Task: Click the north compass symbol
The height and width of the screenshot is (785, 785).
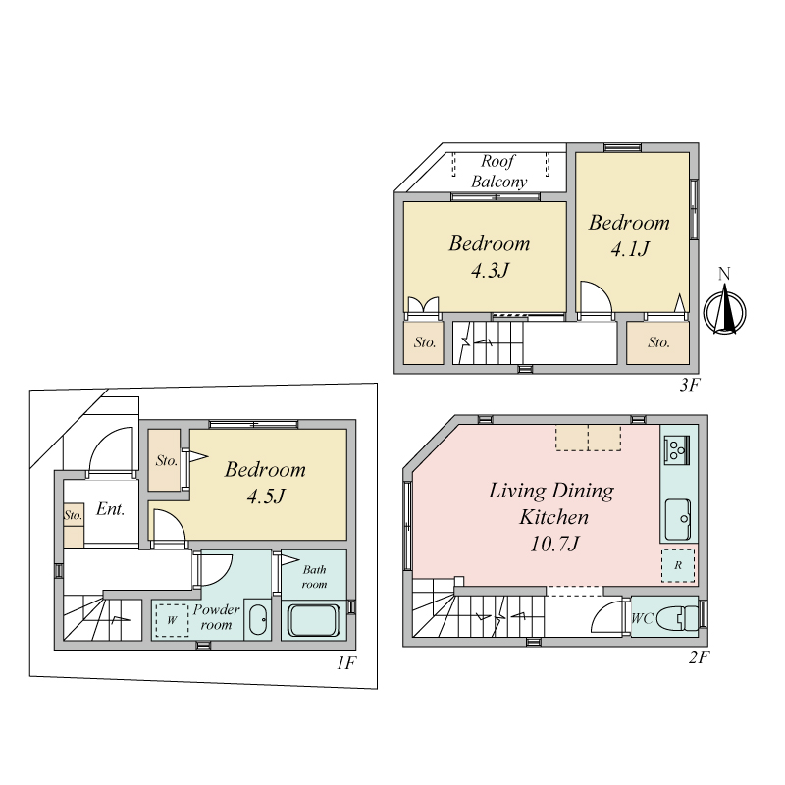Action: pos(724,311)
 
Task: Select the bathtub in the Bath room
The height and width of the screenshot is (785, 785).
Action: pos(314,620)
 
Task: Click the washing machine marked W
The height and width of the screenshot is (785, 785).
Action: pos(172,620)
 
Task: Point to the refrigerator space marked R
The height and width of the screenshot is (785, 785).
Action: pos(678,566)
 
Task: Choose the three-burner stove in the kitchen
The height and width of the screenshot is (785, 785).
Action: pos(677,449)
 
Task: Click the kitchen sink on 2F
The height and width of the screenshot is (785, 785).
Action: pos(678,519)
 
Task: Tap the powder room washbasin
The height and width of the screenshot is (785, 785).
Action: pos(258,620)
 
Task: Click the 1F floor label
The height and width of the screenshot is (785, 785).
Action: pos(346,663)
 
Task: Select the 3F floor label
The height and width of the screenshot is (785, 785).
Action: pos(690,385)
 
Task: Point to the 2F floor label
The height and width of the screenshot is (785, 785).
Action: pos(699,656)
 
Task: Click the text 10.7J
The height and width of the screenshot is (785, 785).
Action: pos(554,544)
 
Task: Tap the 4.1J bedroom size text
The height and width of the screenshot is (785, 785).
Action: pos(630,249)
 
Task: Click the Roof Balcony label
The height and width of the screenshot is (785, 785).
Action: pos(498,171)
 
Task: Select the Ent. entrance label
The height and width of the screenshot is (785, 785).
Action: pos(110,509)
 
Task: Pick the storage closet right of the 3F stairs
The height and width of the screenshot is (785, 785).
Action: pos(657,342)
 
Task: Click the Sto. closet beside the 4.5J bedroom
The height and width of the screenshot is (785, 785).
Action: pos(165,460)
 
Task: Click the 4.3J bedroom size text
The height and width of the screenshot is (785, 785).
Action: pos(490,271)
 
